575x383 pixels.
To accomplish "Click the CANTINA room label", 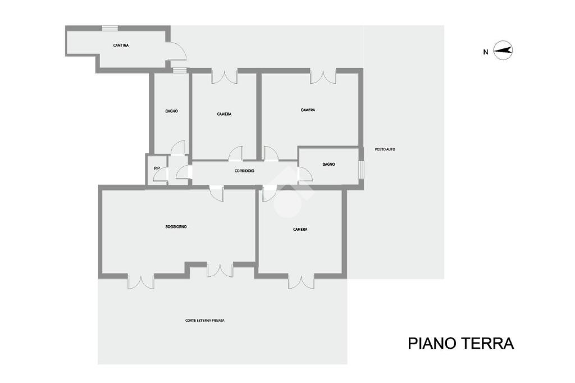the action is (121, 45).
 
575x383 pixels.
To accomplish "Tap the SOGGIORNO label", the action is (176, 227).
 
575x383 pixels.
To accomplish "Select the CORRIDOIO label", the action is (244, 171).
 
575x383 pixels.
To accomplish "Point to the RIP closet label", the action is (157, 168).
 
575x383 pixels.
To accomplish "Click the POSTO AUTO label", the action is (385, 149).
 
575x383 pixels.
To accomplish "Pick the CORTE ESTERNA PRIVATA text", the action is (205, 321).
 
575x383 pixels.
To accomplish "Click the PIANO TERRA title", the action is (460, 343).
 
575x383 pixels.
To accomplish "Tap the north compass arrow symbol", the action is (503, 51).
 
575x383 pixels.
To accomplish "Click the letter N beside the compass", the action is (485, 52).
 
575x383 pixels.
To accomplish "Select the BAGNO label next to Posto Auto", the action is (328, 165).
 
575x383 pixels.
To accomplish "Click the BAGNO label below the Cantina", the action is (171, 111).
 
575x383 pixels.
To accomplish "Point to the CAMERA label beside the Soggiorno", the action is (300, 229).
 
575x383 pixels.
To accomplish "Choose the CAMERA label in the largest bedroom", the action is (308, 110).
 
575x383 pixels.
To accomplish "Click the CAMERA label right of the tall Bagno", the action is (224, 114).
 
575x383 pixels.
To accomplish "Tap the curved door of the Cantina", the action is (177, 51).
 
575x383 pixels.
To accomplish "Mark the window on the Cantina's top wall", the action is (109, 28).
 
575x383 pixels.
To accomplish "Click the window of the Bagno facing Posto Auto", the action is (362, 169).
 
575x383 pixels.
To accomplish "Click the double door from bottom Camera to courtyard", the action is (301, 281).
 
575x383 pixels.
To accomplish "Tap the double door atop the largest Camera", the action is (323, 76).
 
